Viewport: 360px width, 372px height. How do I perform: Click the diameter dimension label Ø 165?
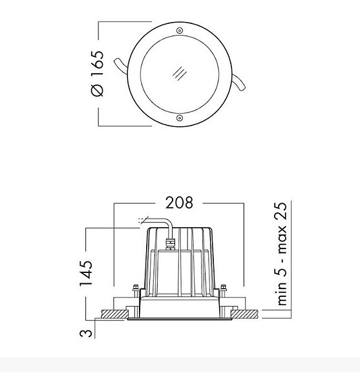[x=96, y=74]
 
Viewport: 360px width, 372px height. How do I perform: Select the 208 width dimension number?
[x=179, y=202]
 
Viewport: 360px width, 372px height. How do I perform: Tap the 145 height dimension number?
[x=87, y=273]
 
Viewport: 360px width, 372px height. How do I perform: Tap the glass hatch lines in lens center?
[x=179, y=73]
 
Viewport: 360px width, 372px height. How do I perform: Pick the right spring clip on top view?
[x=239, y=84]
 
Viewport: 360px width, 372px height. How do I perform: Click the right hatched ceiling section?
[x=245, y=314]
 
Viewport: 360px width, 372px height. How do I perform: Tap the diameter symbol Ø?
[x=96, y=90]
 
